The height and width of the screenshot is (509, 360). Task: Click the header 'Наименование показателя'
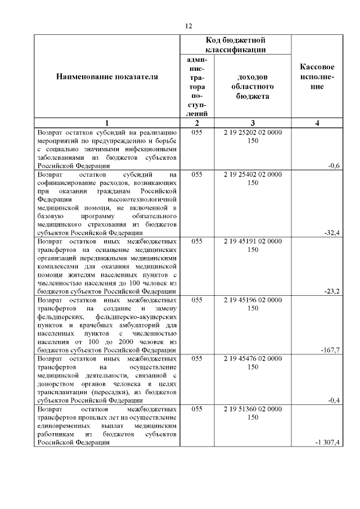(107, 76)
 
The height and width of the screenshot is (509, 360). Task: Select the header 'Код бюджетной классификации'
(235, 45)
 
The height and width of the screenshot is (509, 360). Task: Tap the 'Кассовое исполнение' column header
(318, 76)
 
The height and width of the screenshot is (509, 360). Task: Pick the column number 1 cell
(107, 123)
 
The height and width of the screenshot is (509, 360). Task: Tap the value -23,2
(332, 291)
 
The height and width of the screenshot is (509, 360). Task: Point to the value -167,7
(331, 350)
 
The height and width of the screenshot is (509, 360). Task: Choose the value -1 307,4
(328, 443)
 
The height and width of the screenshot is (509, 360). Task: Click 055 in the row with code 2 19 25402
(197, 175)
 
